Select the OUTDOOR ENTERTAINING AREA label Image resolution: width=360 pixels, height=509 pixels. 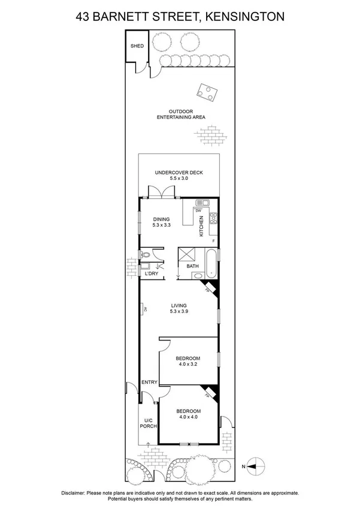pyautogui.click(x=180, y=114)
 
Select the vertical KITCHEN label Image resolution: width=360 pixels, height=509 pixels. pyautogui.click(x=201, y=226)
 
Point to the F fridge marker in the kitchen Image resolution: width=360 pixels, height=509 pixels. pyautogui.click(x=213, y=240)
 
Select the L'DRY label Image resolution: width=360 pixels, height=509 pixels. pyautogui.click(x=152, y=274)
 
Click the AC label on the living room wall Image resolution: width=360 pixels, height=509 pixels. pyautogui.click(x=144, y=309)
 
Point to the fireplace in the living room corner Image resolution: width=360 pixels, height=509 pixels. pyautogui.click(x=209, y=288)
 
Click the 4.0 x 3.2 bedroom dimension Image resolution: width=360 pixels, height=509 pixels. pyautogui.click(x=187, y=364)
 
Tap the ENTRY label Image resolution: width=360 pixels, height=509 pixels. pyautogui.click(x=149, y=382)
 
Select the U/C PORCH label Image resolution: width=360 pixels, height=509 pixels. pyautogui.click(x=149, y=423)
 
